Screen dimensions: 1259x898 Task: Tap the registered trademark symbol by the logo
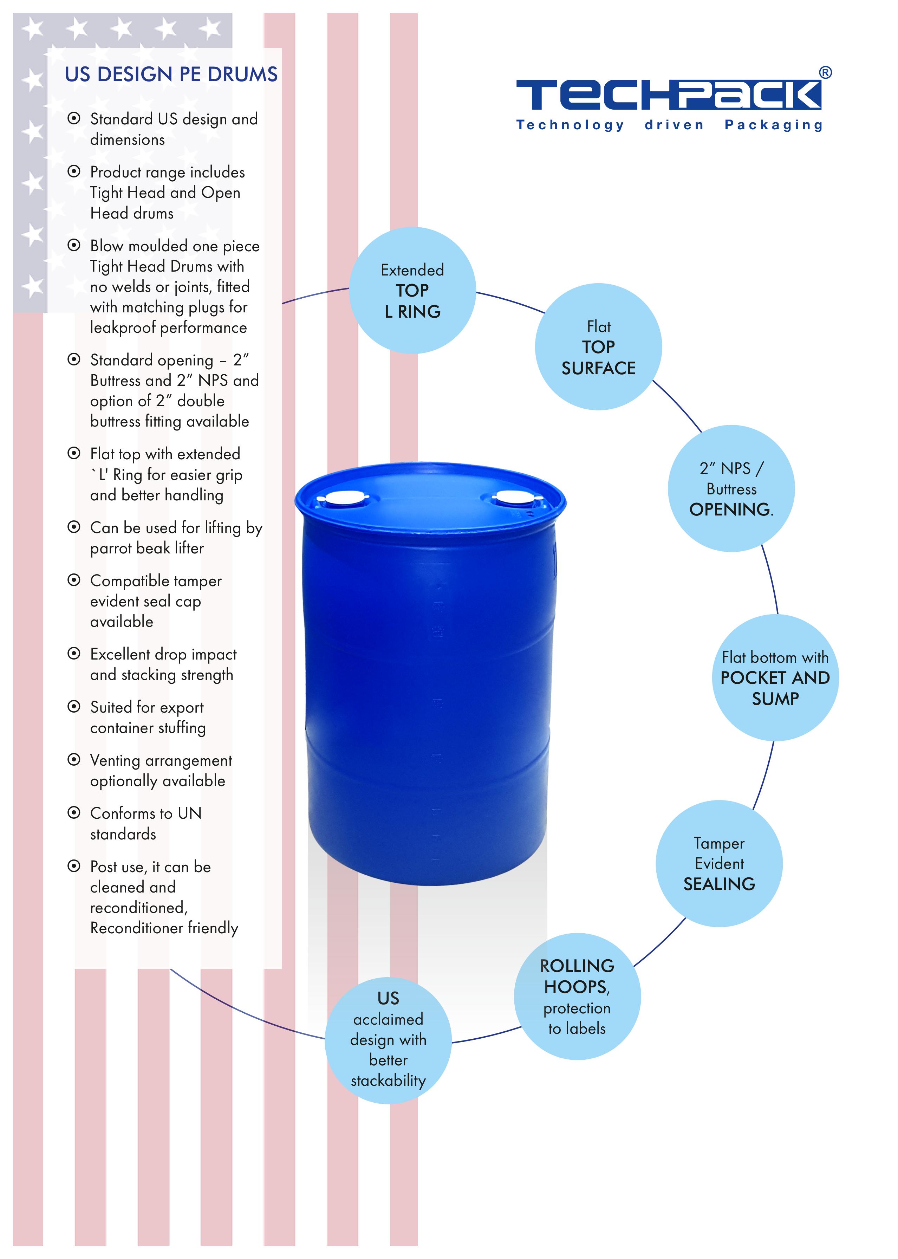[825, 72]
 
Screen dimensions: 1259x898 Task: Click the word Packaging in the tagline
[774, 125]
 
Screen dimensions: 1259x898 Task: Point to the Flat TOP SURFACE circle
[598, 347]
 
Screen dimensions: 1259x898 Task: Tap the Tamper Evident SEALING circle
[719, 864]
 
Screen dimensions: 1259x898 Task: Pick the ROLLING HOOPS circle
[577, 997]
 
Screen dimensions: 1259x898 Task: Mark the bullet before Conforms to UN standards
[73, 812]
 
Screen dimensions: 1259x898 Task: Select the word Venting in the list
[115, 760]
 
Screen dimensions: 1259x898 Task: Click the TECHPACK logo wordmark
[668, 95]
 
